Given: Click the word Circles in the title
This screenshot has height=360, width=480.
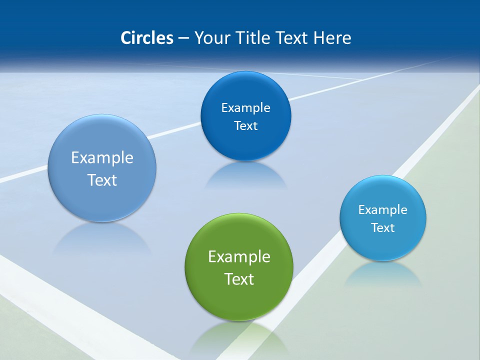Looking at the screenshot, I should point(146,38).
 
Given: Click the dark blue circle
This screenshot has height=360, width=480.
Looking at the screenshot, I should point(245,145).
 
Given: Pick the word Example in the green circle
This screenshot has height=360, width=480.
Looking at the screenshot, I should point(239,257).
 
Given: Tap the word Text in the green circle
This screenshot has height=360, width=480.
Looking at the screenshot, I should point(239,279).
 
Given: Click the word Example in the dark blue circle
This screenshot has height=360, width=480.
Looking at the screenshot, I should point(245,108).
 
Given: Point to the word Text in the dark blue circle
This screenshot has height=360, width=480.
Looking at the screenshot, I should point(245,126).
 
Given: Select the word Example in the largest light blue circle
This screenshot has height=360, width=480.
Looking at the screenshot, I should point(102,158).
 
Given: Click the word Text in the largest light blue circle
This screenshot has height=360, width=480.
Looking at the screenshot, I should point(102,180).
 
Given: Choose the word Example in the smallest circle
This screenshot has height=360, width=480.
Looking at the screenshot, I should point(382,210).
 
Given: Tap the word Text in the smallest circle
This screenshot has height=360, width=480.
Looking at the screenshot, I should point(382,228).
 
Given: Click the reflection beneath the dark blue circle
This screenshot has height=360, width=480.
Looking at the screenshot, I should point(245,175).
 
